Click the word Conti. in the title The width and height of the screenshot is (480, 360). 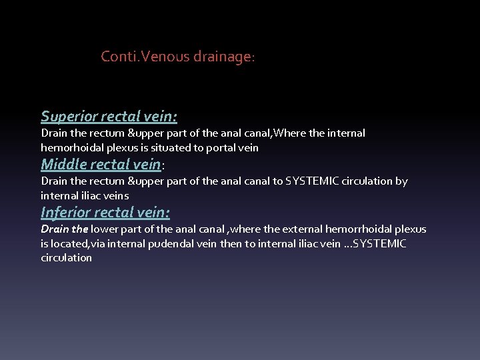pyautogui.click(x=116, y=57)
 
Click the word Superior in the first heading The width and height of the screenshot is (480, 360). pyautogui.click(x=69, y=117)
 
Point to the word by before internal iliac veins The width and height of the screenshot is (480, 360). pyautogui.click(x=401, y=181)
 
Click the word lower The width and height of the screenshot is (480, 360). pyautogui.click(x=105, y=229)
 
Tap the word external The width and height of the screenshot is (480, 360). pyautogui.click(x=296, y=229)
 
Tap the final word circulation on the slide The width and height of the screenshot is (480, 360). pyautogui.click(x=66, y=258)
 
